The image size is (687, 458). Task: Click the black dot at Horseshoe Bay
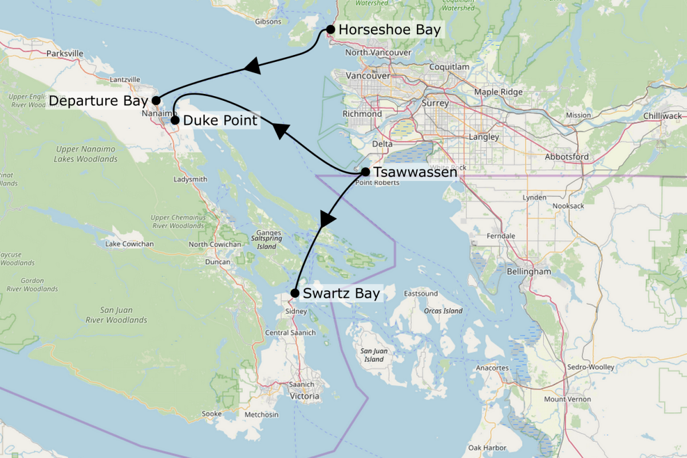330,29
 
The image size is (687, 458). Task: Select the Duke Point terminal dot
175,120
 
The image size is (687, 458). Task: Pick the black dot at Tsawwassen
365,171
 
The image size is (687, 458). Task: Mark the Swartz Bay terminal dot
294,293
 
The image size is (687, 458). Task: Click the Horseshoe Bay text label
390,30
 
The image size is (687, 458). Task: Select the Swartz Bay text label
341,294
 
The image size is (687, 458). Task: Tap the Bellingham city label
528,271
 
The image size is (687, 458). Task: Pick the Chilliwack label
660,116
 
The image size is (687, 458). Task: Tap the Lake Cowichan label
129,244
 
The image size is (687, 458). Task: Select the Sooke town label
212,414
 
